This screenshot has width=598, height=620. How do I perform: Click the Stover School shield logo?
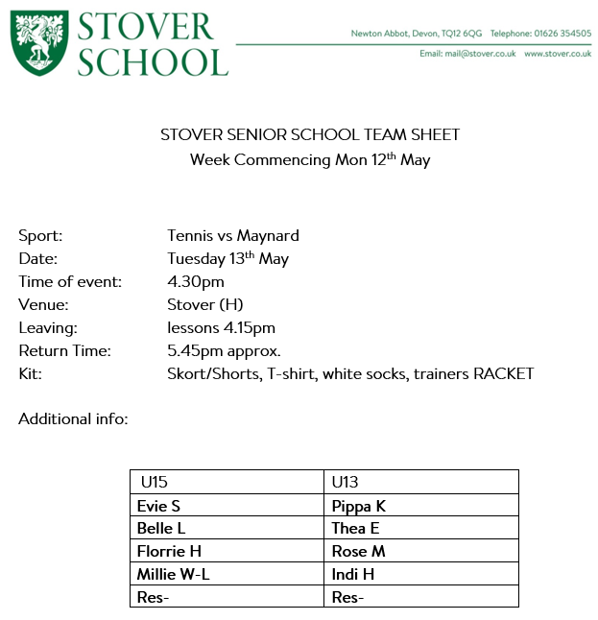coord(38,44)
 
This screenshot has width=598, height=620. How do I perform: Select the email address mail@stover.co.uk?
coord(481,54)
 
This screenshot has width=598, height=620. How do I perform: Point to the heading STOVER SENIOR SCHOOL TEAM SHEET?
coord(310,135)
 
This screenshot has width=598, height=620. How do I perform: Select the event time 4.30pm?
coord(195,281)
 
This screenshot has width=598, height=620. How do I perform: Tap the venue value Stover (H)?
coord(204,304)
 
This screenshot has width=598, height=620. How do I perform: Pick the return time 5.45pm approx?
coord(224,350)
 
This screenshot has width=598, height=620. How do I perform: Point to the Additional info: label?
coord(73,419)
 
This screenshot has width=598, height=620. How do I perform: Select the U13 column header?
coord(345,482)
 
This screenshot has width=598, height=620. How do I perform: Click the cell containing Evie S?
coord(159,506)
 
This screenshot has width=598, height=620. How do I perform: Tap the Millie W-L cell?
coord(174,575)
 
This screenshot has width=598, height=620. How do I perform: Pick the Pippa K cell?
coord(358,506)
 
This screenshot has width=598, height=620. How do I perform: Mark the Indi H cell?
coord(352,575)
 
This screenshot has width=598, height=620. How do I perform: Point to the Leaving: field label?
coord(48,327)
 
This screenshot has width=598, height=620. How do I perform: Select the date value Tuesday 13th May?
coord(227,258)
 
